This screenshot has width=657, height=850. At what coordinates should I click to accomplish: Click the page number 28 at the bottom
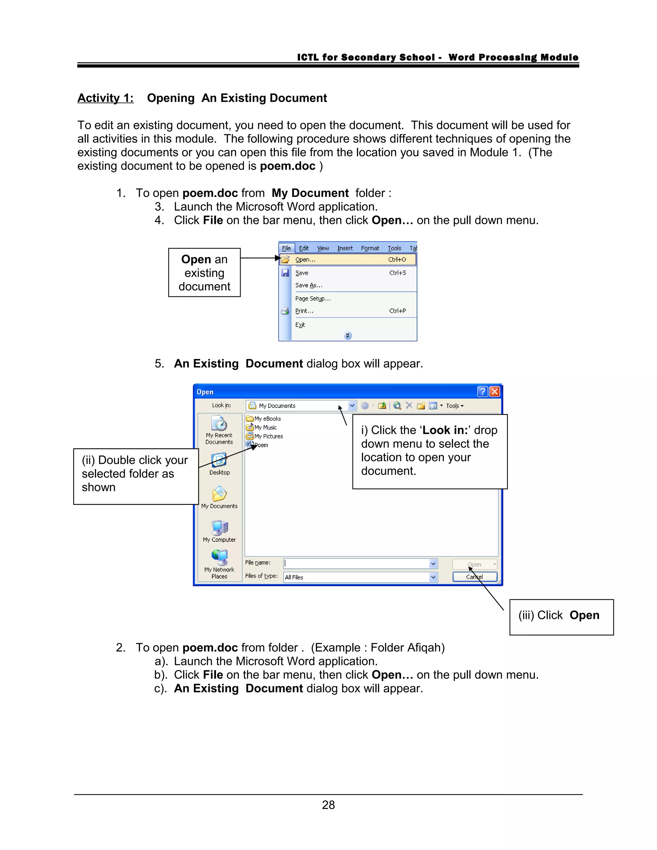tap(328, 804)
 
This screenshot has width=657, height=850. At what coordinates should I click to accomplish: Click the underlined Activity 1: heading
tap(106, 98)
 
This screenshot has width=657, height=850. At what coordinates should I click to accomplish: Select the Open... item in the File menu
tap(305, 259)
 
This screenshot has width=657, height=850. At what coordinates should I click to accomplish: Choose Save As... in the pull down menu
tap(309, 285)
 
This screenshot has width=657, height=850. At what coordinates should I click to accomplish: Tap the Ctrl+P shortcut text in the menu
tap(397, 311)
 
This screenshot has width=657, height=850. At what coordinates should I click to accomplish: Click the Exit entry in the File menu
tap(300, 325)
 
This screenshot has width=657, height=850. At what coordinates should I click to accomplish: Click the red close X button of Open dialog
tap(494, 392)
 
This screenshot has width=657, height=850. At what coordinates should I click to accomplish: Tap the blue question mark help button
tap(482, 392)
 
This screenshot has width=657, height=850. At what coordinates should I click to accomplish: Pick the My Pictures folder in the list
tap(268, 436)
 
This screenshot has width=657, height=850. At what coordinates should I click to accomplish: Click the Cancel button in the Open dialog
tap(474, 577)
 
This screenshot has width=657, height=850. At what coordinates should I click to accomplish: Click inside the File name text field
tap(356, 564)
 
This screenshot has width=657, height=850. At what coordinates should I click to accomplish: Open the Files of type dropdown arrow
tap(433, 577)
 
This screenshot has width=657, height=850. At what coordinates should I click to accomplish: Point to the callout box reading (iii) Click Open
tap(561, 617)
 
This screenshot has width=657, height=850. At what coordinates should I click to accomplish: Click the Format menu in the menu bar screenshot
tap(370, 248)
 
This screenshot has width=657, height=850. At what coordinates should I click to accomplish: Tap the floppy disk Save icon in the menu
tap(285, 273)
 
